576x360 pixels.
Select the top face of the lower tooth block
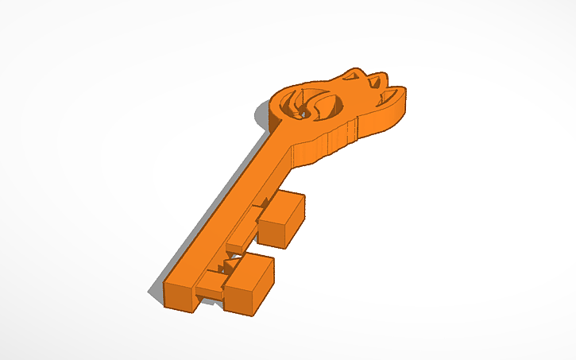pyautogui.click(x=253, y=269)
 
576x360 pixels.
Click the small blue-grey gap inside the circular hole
pyautogui.click(x=302, y=114)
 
